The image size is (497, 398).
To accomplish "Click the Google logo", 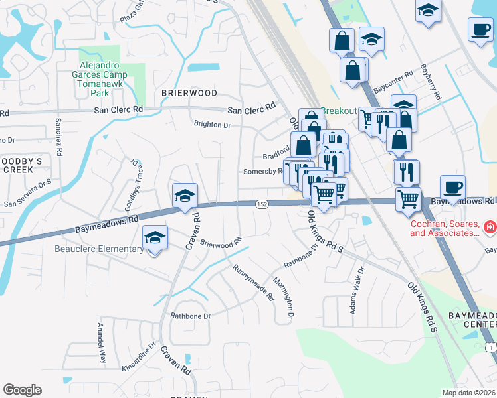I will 22,390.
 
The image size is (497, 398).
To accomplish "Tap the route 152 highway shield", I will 262,206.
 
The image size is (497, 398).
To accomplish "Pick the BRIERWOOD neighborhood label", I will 189,94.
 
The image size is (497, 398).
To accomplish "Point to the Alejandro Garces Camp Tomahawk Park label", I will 107,76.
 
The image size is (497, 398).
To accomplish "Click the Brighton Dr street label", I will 211,125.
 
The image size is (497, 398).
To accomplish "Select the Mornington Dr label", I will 284,298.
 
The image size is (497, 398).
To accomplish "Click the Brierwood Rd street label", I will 220,245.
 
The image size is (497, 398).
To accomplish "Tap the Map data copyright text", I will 469,393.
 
